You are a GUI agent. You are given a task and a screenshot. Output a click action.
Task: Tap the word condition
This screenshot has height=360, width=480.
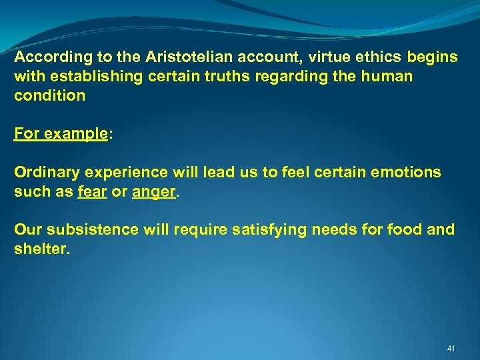(50, 95)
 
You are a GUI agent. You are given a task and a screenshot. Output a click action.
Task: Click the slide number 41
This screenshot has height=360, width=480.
(451, 348)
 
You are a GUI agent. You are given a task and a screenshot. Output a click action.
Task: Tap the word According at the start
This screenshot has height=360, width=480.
(46, 57)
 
